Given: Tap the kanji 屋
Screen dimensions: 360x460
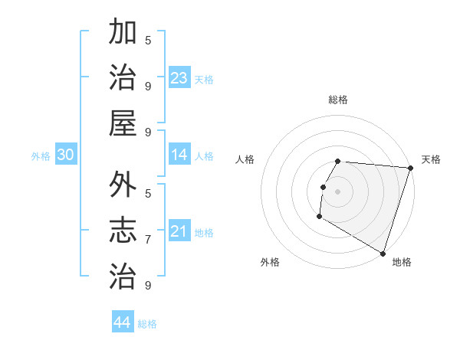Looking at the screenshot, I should (x=122, y=122).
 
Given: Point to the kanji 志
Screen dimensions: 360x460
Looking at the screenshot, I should (x=122, y=229).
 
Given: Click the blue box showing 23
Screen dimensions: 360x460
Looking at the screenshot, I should (x=179, y=77).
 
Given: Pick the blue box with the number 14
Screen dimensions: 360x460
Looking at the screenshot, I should (x=179, y=155).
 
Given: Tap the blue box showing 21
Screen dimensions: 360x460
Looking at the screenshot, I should (x=179, y=231).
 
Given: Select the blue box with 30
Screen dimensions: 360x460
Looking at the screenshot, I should (x=65, y=155).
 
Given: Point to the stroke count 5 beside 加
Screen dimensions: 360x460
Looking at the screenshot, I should (x=148, y=41).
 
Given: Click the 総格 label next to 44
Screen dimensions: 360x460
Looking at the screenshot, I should (x=147, y=324).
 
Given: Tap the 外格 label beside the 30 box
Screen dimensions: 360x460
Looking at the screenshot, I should (x=41, y=156).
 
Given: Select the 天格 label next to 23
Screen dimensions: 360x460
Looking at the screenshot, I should (x=204, y=79).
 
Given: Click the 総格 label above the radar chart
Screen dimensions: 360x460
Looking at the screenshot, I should (x=338, y=100).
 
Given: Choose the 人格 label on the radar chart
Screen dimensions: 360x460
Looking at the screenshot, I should (x=245, y=159).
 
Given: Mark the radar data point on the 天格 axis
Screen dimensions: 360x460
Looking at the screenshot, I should (x=410, y=168).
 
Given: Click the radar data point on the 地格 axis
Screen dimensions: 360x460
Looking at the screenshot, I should (x=382, y=252).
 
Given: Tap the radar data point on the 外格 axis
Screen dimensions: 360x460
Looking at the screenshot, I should (x=319, y=217).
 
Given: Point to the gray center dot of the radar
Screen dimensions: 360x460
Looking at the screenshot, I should (x=337, y=191).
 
